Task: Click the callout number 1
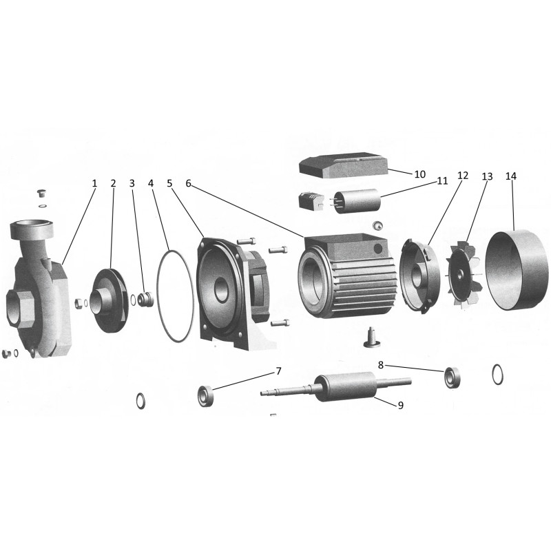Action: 94,183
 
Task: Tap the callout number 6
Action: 189,183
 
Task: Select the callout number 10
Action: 420,174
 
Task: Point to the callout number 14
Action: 511,176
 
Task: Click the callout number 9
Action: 401,405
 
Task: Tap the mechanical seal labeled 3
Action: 146,299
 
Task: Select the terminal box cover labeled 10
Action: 343,165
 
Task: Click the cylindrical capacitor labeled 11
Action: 356,201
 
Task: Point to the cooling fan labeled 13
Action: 463,274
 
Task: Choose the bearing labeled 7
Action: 205,396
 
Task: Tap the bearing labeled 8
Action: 452,377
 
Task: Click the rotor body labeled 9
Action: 346,386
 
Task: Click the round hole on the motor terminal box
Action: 377,249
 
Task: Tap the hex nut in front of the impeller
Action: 79,303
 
